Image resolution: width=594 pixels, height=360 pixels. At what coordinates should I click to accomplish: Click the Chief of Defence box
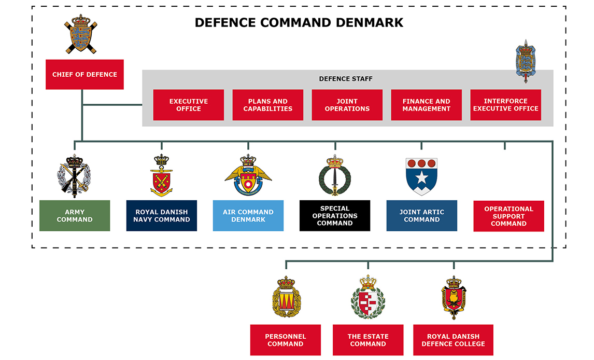pyautogui.click(x=84, y=74)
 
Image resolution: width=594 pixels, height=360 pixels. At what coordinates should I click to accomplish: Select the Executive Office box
pyautogui.click(x=189, y=105)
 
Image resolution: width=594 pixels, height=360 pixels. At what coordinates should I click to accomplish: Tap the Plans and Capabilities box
pyautogui.click(x=268, y=105)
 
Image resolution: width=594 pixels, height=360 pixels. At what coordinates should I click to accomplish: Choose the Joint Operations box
pyautogui.click(x=347, y=105)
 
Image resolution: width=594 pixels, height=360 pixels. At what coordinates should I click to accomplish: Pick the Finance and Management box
pyautogui.click(x=426, y=105)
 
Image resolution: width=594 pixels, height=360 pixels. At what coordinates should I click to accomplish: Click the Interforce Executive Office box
pyautogui.click(x=505, y=105)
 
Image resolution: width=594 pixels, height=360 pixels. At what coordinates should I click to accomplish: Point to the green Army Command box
pyautogui.click(x=75, y=216)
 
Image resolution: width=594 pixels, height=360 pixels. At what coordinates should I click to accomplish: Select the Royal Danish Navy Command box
pyautogui.click(x=162, y=216)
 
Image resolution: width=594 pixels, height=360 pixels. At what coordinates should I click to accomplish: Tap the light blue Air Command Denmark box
pyautogui.click(x=248, y=216)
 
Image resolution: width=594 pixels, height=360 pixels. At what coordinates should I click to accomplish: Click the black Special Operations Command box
pyautogui.click(x=335, y=216)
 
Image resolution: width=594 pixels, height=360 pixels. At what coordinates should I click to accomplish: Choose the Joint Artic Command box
pyautogui.click(x=422, y=216)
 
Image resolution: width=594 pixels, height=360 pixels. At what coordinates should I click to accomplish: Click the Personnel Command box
pyautogui.click(x=286, y=340)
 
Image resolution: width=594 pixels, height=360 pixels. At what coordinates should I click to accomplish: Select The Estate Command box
pyautogui.click(x=368, y=340)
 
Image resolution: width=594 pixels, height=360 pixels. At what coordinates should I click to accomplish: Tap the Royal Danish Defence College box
pyautogui.click(x=453, y=340)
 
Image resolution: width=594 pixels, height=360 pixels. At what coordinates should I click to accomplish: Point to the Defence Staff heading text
pyautogui.click(x=346, y=79)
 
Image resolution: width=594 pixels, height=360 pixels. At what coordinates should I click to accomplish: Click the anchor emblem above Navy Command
pyautogui.click(x=162, y=176)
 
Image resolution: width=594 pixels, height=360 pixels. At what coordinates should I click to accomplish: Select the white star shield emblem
pyautogui.click(x=421, y=176)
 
